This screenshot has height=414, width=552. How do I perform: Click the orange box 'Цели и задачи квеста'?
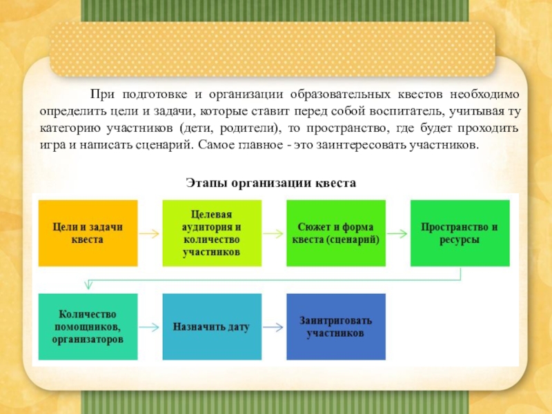point(88,233)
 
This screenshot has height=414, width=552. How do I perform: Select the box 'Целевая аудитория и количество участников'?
point(212,233)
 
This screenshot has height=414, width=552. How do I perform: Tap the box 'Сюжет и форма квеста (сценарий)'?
point(336,233)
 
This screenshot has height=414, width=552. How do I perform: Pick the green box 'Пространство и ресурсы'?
point(460,233)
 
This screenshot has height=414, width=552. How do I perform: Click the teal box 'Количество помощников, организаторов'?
point(88,326)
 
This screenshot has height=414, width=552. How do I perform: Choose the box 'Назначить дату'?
point(212,326)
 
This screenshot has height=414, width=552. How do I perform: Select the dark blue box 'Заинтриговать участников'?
point(336,326)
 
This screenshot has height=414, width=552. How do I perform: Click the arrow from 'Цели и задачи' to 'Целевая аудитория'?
point(149,233)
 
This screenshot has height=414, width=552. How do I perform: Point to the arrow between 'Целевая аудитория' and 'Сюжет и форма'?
point(274,233)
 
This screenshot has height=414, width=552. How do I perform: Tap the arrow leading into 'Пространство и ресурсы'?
point(398,233)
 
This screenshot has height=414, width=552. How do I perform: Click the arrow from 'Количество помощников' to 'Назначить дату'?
point(149,326)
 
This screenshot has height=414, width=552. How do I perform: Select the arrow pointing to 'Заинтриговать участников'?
point(274,326)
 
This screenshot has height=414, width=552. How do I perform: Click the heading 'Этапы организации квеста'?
point(271,183)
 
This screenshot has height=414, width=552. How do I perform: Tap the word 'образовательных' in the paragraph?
point(340,94)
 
